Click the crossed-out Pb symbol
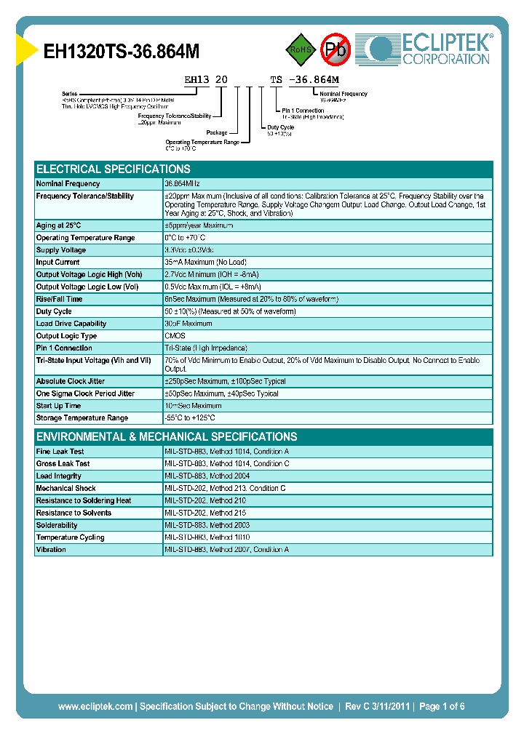coord(336,49)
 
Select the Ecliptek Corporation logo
coord(426,49)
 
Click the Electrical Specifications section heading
coord(114,169)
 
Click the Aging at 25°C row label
coord(59,225)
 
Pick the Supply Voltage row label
coord(61,250)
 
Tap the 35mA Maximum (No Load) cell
coord(205,263)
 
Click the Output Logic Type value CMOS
coord(175,336)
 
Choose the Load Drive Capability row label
coord(71,324)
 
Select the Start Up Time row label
coord(59,406)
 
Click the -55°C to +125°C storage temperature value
coord(190,418)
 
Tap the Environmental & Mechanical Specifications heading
coord(167,437)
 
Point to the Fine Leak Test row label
coord(60,452)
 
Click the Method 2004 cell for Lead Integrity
coord(207,476)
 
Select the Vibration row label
coord(51,550)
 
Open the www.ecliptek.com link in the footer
coord(95,706)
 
